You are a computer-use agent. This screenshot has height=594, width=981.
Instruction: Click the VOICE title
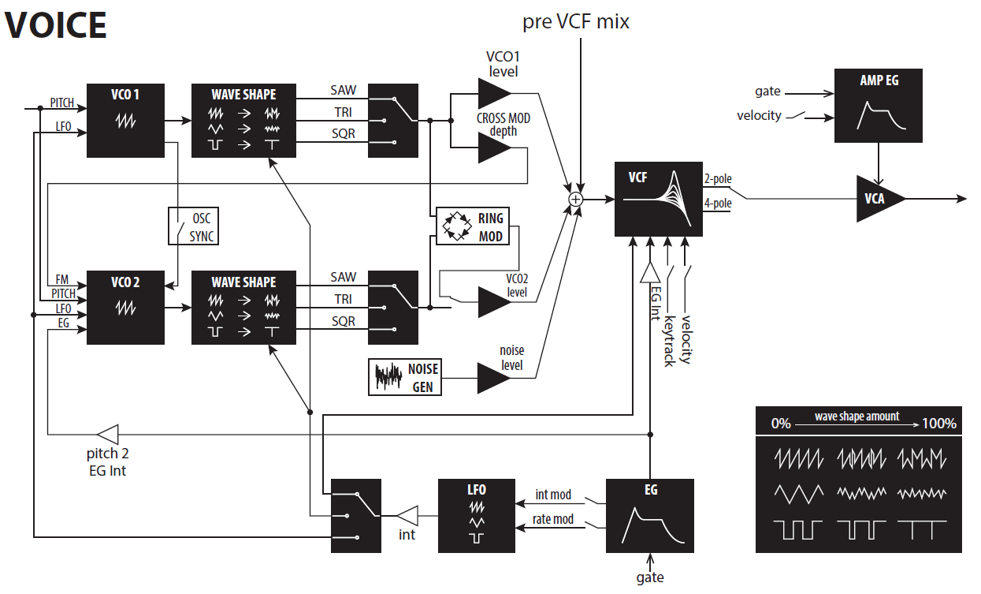point(55,26)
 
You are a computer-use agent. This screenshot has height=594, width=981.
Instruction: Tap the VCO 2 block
point(125,307)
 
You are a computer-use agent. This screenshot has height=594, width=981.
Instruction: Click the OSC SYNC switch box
point(193,227)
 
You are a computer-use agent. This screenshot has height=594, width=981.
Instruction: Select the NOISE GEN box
point(404,377)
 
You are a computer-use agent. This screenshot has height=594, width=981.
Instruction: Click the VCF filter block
point(658,200)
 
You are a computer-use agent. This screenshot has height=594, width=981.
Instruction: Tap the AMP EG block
point(879,105)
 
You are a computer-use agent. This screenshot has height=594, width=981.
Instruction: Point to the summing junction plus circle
point(576,200)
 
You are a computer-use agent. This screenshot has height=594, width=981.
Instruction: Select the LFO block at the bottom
point(476,516)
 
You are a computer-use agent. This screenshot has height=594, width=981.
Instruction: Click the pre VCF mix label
point(576,22)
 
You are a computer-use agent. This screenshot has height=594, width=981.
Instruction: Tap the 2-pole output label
point(718,179)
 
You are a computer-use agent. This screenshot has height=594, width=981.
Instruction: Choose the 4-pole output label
point(718,204)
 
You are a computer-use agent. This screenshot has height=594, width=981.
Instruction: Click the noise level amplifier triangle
point(493,378)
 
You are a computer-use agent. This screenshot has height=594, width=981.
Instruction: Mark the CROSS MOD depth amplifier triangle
point(493,148)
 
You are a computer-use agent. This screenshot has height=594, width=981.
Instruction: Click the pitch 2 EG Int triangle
point(107,433)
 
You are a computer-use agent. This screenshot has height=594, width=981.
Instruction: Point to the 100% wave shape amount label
point(939,424)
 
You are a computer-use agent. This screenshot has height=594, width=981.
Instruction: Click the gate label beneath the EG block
point(650,578)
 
